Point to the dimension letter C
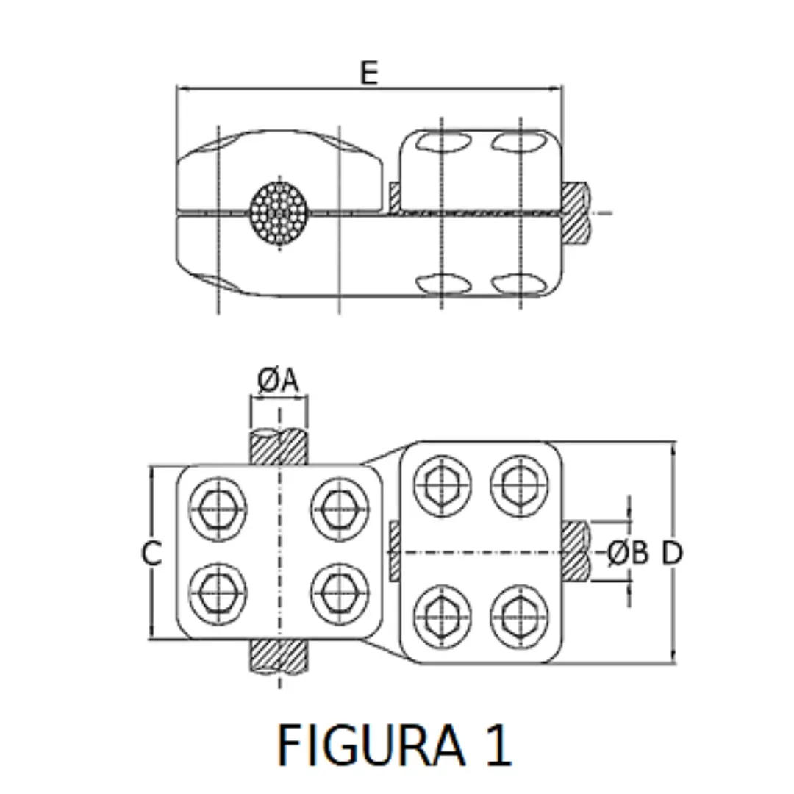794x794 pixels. [151, 554]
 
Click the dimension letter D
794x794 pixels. [672, 553]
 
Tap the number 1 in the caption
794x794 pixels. [497, 744]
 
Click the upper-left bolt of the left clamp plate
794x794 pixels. [218, 507]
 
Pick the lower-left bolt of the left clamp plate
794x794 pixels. [218, 592]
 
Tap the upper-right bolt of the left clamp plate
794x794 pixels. [339, 507]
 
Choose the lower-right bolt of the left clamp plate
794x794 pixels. [339, 592]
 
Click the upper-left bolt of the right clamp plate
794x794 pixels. [442, 485]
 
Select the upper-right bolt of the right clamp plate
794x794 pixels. [519, 485]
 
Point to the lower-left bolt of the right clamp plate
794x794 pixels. [442, 615]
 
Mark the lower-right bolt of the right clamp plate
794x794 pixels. [519, 615]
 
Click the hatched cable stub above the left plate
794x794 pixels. [279, 447]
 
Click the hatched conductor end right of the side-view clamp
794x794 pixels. [576, 213]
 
